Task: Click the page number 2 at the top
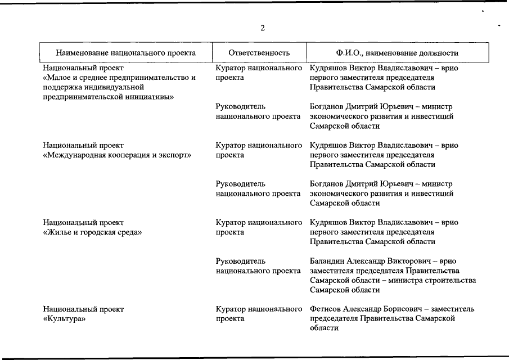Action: [263, 29]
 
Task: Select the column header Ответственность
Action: [259, 53]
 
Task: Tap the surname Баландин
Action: [326, 262]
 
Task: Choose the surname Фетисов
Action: [326, 309]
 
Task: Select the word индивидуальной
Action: [113, 87]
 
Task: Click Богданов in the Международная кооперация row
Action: [327, 184]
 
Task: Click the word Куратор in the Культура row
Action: [231, 309]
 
